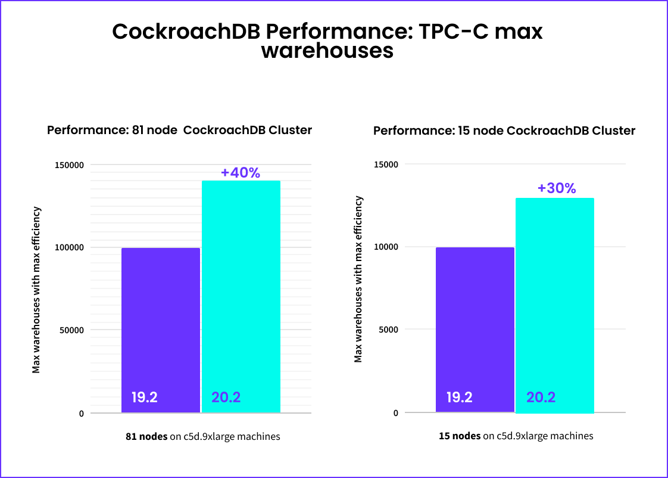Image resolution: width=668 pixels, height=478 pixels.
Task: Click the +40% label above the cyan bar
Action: [x=241, y=173]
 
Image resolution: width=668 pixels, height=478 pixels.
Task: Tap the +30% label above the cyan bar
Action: [x=557, y=188]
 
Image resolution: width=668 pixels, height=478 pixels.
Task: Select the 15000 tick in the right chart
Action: [x=386, y=164]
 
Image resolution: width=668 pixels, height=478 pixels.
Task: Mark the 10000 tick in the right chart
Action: [x=386, y=247]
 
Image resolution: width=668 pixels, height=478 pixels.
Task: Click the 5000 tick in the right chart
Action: [x=388, y=330]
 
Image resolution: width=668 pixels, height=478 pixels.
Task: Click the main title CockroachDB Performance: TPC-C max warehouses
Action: [x=327, y=41]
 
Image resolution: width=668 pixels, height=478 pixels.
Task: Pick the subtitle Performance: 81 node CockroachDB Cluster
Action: [x=179, y=130]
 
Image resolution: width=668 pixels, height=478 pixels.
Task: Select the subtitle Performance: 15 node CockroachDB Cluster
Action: [x=504, y=131]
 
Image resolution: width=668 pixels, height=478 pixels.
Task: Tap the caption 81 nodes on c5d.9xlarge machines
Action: [x=202, y=436]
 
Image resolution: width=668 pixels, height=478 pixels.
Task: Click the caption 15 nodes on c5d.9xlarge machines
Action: [x=516, y=436]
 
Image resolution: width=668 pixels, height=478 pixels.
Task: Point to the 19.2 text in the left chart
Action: [x=144, y=398]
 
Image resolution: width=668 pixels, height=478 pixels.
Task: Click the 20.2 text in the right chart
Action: [x=541, y=398]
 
